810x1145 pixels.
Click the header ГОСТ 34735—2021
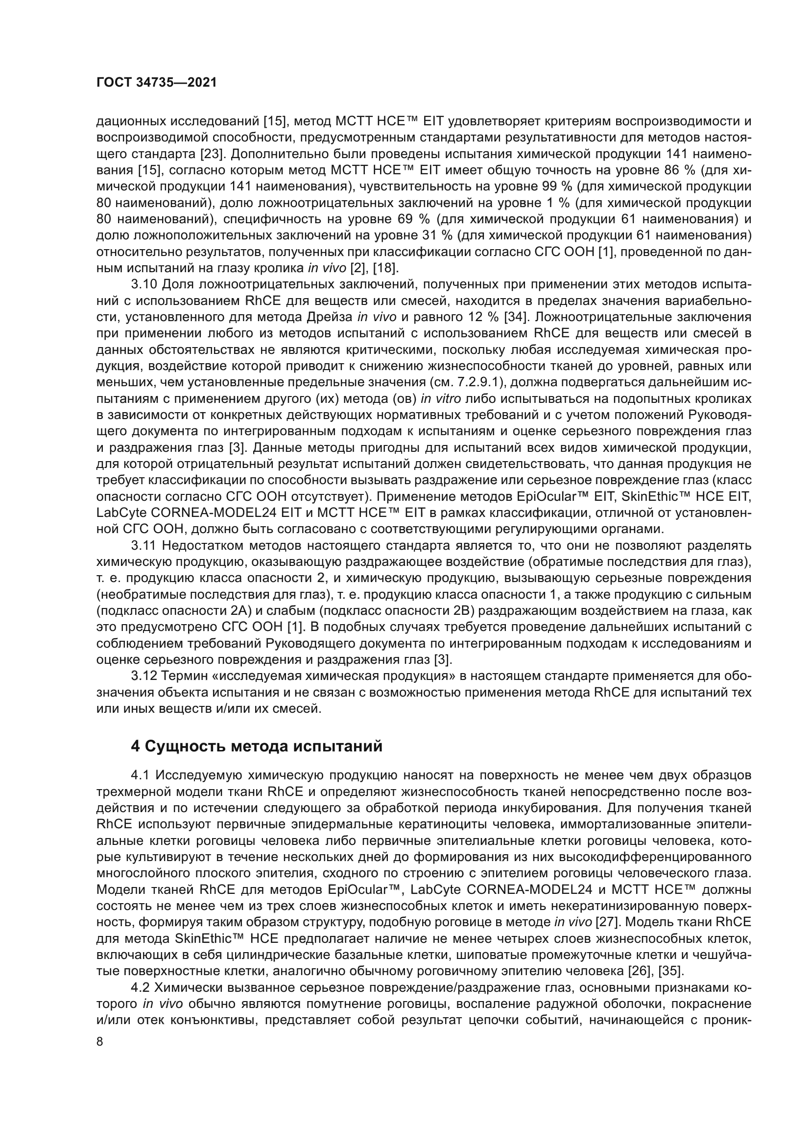[157, 83]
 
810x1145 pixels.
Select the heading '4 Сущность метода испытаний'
[256, 746]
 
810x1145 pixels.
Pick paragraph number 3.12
[144, 676]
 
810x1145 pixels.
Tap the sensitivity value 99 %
[558, 187]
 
